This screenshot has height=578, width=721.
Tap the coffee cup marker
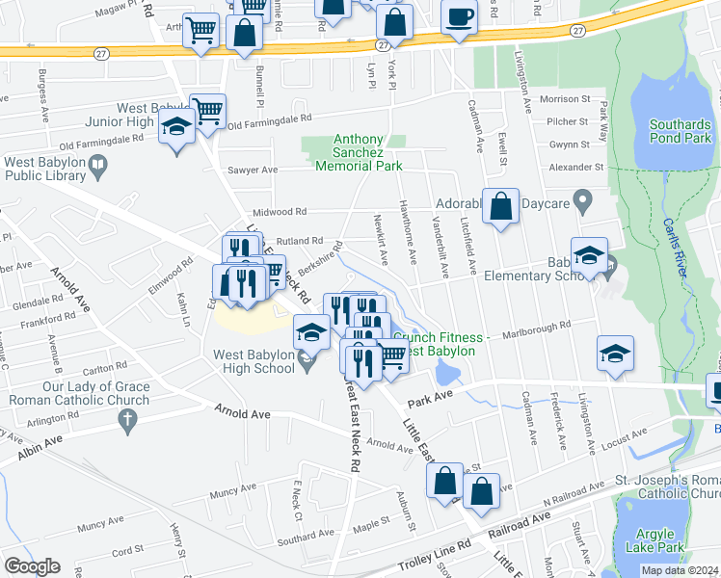[459, 18]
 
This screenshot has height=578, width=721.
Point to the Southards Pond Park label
[680, 132]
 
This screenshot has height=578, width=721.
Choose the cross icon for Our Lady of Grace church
[125, 419]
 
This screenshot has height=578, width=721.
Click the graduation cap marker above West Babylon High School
[311, 333]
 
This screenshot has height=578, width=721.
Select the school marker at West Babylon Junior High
[175, 128]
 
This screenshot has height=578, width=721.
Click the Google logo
[31, 566]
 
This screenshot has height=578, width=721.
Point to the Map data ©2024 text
[681, 570]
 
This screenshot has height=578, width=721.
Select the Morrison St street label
[564, 99]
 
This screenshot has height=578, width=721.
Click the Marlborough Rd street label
[536, 326]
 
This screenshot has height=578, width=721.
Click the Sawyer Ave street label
[252, 170]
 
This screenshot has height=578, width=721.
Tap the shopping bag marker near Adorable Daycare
[500, 206]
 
